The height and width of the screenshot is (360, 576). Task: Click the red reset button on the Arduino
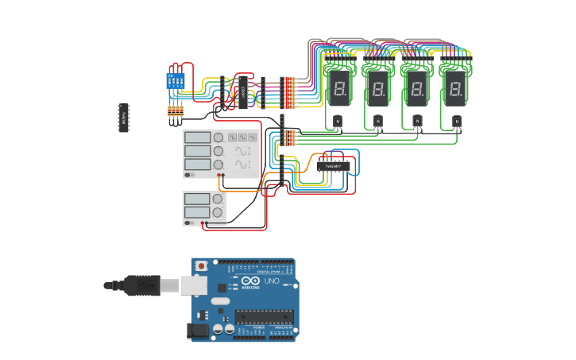point(202,265)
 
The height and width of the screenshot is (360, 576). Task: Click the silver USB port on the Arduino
point(193,285)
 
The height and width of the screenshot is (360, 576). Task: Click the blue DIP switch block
point(175,80)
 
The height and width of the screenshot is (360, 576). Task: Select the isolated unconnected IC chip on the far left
point(124,117)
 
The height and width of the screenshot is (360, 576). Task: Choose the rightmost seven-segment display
point(454,87)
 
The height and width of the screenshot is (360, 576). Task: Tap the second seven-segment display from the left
point(377,87)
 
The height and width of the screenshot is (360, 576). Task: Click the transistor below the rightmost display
point(457,122)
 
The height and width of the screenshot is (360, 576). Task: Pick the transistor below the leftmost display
point(337,122)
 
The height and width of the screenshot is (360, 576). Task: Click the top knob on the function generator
point(218,137)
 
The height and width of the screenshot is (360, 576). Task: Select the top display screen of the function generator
point(197,137)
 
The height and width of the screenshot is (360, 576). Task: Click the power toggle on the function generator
point(189,174)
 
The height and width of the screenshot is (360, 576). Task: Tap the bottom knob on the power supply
point(217,212)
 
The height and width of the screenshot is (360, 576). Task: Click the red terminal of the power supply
point(204,223)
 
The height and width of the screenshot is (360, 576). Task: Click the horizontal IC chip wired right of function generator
point(334,166)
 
